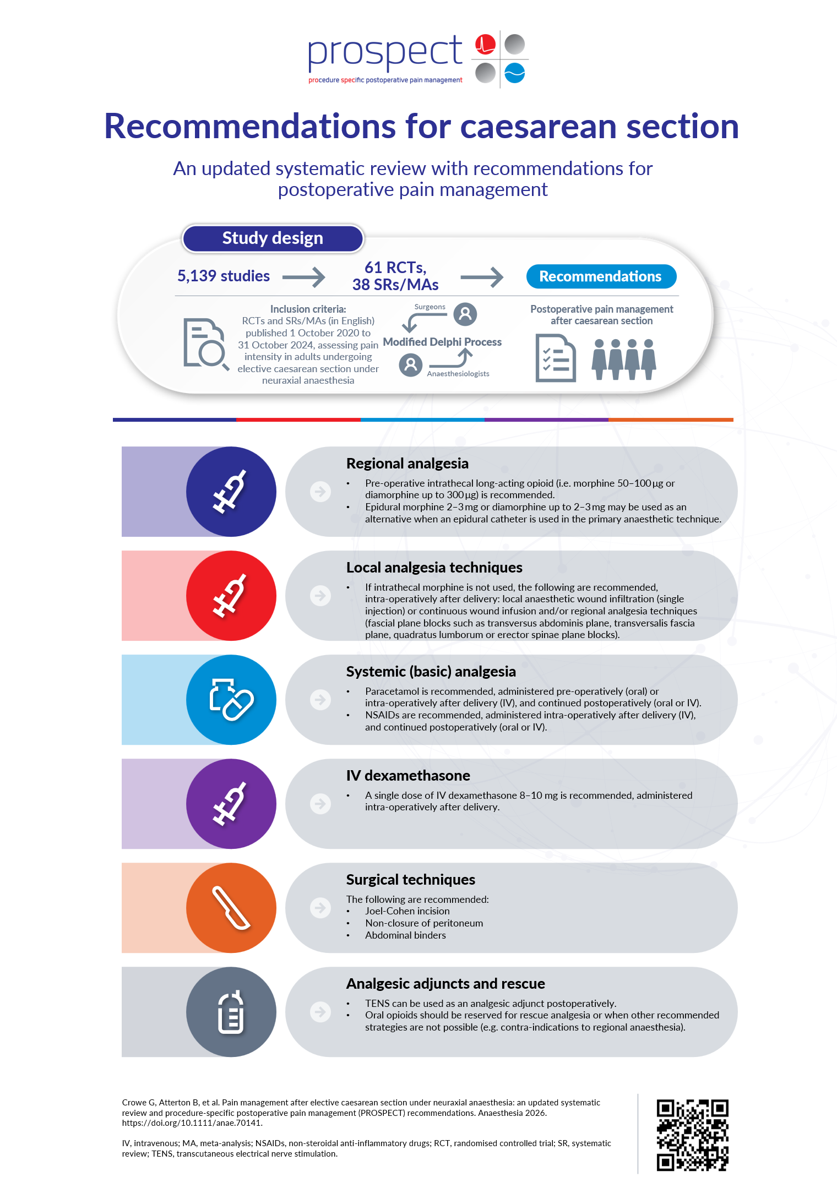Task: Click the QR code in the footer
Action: coord(692,1135)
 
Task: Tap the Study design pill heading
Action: coord(273,238)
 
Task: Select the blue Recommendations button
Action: coord(601,276)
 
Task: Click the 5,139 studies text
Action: coord(224,276)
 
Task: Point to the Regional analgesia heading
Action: coord(407,464)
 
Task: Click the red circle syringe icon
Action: coord(231,596)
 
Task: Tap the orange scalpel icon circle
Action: coord(231,908)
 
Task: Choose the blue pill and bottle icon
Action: coord(231,700)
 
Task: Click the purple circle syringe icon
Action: coord(231,804)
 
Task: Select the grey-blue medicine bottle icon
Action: coord(231,1012)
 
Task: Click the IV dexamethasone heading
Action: coord(408,776)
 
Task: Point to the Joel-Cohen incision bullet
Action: coord(407,911)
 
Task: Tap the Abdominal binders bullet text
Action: coord(405,935)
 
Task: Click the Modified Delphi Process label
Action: coord(442,342)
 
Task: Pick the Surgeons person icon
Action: coord(465,314)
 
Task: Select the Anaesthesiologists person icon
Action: coord(410,364)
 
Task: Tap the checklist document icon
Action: coord(555,358)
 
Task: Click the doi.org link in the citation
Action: coord(192,1123)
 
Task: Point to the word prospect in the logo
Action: coord(385,52)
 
